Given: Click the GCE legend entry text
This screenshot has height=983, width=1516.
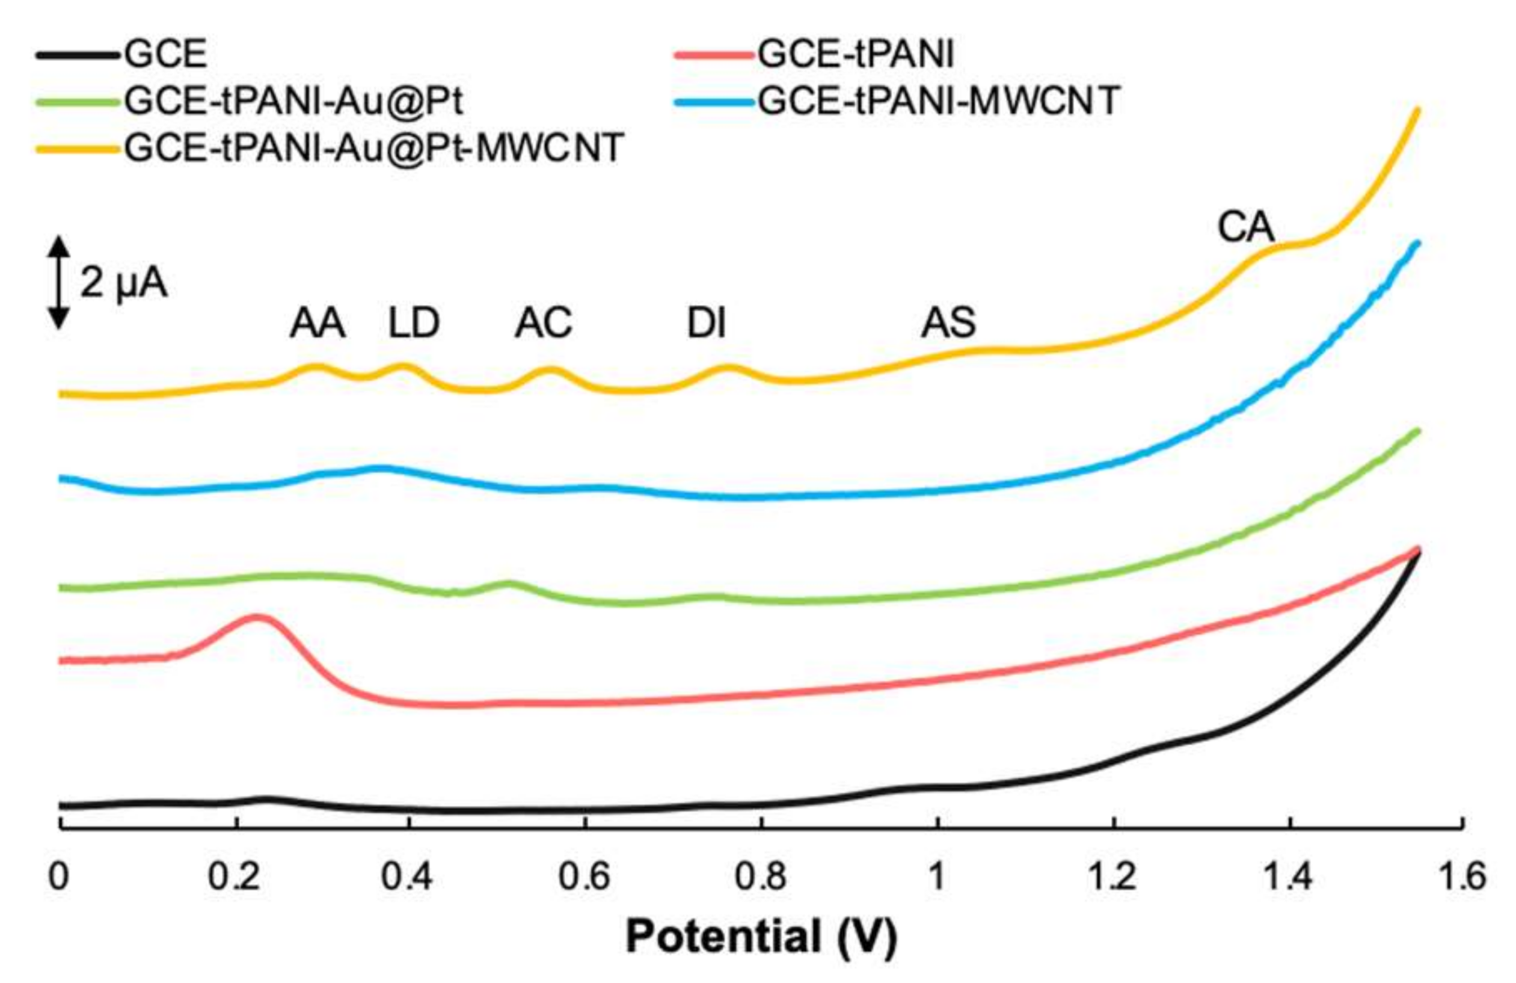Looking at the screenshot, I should [x=165, y=54].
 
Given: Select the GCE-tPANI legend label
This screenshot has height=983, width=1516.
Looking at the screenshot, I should [x=856, y=54].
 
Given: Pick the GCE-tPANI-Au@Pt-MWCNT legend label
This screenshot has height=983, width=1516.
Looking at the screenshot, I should [x=373, y=148].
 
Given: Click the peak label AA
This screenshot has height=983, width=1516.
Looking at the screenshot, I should [x=318, y=323].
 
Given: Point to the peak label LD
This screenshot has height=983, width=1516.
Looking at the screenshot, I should [x=414, y=323].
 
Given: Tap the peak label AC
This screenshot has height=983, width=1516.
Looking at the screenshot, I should [x=544, y=323].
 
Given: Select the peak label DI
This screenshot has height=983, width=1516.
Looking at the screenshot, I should [x=707, y=323].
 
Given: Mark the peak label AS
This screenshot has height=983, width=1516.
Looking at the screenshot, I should [x=948, y=323].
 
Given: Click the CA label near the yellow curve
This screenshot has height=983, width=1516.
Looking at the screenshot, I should [x=1245, y=227].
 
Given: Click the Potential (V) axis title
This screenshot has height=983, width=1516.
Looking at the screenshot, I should [x=761, y=937].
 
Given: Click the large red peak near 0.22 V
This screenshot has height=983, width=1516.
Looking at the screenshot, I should [x=257, y=617].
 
